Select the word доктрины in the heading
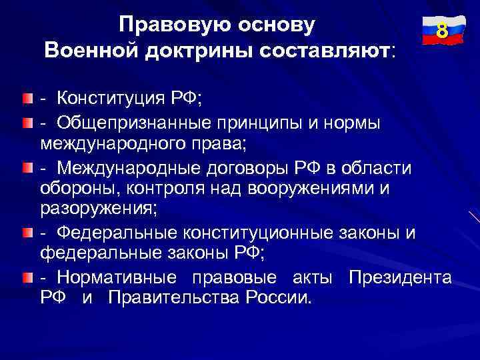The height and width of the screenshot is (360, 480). (x=192, y=50)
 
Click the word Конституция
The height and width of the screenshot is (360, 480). (x=111, y=99)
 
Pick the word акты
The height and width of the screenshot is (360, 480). (x=313, y=277)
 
